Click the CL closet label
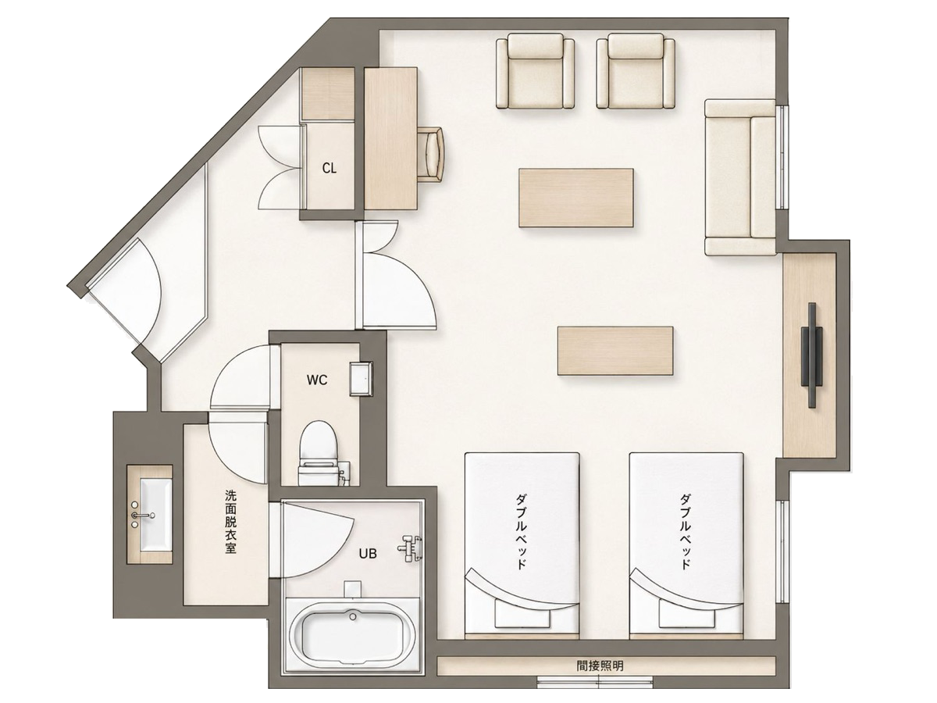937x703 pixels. click(330, 169)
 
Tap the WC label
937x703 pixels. click(317, 380)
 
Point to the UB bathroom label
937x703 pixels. click(368, 554)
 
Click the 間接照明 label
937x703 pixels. click(600, 666)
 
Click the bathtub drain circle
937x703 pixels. click(353, 617)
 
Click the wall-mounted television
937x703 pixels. click(811, 355)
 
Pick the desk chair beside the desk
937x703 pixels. click(432, 154)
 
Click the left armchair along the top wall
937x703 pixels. click(535, 71)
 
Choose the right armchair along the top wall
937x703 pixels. click(636, 71)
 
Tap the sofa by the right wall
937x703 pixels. click(740, 177)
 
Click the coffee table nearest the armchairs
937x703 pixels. click(576, 198)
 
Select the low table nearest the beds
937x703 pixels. click(615, 351)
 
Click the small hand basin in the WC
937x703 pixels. click(362, 379)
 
